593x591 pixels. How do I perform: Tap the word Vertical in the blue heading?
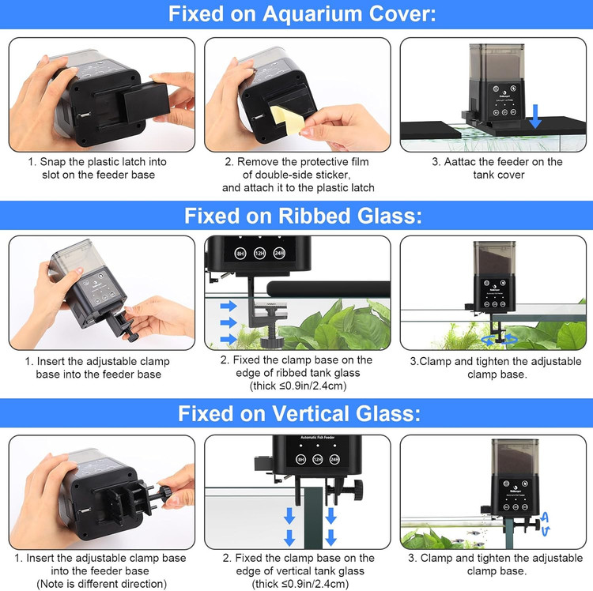click(x=306, y=413)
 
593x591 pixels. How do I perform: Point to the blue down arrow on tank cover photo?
click(x=535, y=116)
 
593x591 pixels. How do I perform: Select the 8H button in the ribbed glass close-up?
click(x=240, y=253)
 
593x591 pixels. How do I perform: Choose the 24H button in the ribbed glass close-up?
click(x=279, y=253)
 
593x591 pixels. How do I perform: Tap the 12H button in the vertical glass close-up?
click(x=318, y=459)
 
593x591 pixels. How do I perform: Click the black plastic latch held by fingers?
click(x=145, y=100)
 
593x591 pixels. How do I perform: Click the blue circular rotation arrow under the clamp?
click(x=500, y=339)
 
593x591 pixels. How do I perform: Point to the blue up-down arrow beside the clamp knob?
click(x=545, y=523)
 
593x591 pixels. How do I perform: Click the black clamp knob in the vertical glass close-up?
click(x=357, y=487)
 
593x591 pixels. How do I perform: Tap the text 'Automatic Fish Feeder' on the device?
click(x=318, y=437)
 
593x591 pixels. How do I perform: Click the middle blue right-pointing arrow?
click(x=229, y=322)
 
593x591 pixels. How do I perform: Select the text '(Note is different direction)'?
click(x=102, y=584)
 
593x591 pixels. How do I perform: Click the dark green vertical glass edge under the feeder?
click(x=313, y=518)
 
